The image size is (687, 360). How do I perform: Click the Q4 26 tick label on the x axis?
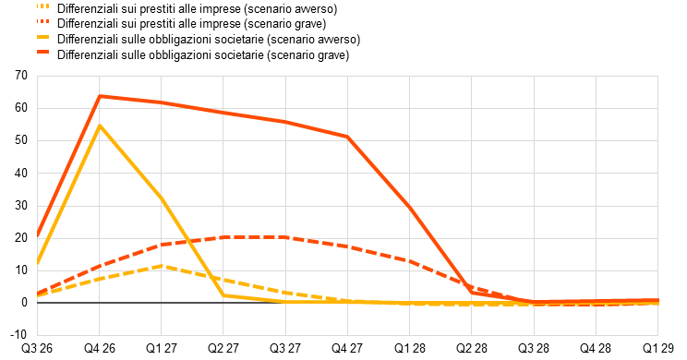(x=100, y=349)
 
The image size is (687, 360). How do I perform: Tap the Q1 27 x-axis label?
(x=162, y=349)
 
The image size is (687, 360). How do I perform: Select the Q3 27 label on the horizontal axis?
(x=285, y=349)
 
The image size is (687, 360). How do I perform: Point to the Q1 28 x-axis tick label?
(x=410, y=349)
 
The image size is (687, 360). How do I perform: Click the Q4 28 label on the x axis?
(x=596, y=349)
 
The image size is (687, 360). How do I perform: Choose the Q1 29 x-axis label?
(x=657, y=349)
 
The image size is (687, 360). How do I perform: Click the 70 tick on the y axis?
(x=21, y=76)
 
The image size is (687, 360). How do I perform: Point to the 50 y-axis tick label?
(x=21, y=140)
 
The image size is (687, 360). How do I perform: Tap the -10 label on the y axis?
(x=18, y=335)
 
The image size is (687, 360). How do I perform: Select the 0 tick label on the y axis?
(x=24, y=303)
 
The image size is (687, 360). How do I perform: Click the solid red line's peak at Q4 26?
(x=100, y=96)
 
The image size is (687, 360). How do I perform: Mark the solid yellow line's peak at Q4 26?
(x=100, y=126)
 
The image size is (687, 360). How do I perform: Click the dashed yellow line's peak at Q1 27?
(x=162, y=266)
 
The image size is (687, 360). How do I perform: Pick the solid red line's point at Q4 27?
(x=347, y=138)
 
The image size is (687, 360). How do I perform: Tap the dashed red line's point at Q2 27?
(x=223, y=237)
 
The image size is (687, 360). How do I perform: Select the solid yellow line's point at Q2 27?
(x=223, y=295)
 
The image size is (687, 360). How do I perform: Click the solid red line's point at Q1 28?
(x=410, y=208)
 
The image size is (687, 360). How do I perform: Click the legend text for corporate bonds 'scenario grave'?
(x=203, y=54)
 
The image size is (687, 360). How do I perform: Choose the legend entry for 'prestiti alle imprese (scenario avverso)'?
(x=198, y=8)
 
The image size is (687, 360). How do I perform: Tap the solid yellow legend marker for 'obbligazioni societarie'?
(x=42, y=37)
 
